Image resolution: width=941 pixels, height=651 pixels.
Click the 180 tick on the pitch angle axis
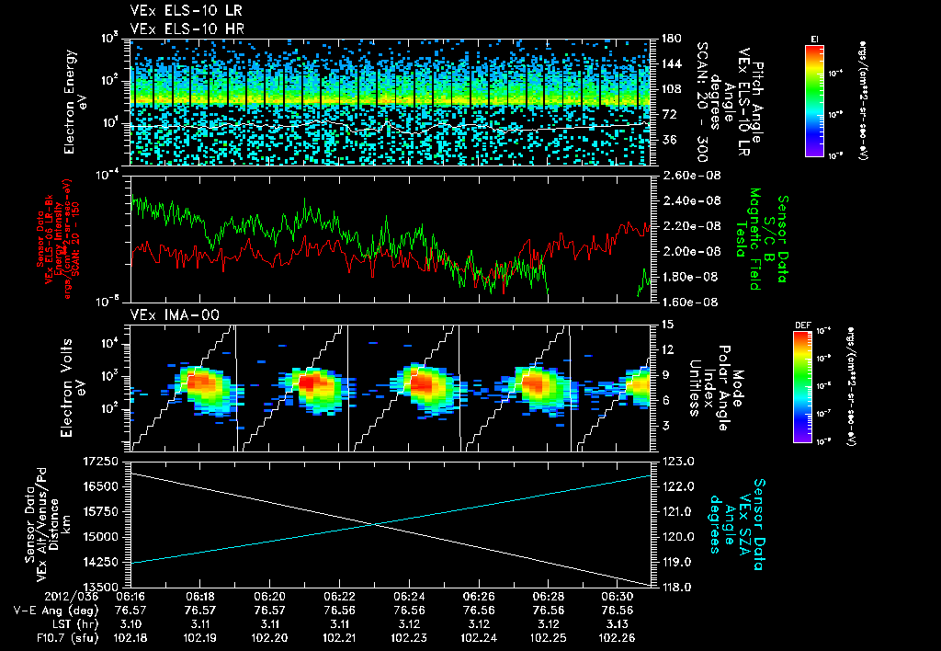coord(669,39)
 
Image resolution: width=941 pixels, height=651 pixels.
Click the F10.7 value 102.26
coord(618,636)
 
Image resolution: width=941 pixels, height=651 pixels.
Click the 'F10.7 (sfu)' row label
coord(53,636)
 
